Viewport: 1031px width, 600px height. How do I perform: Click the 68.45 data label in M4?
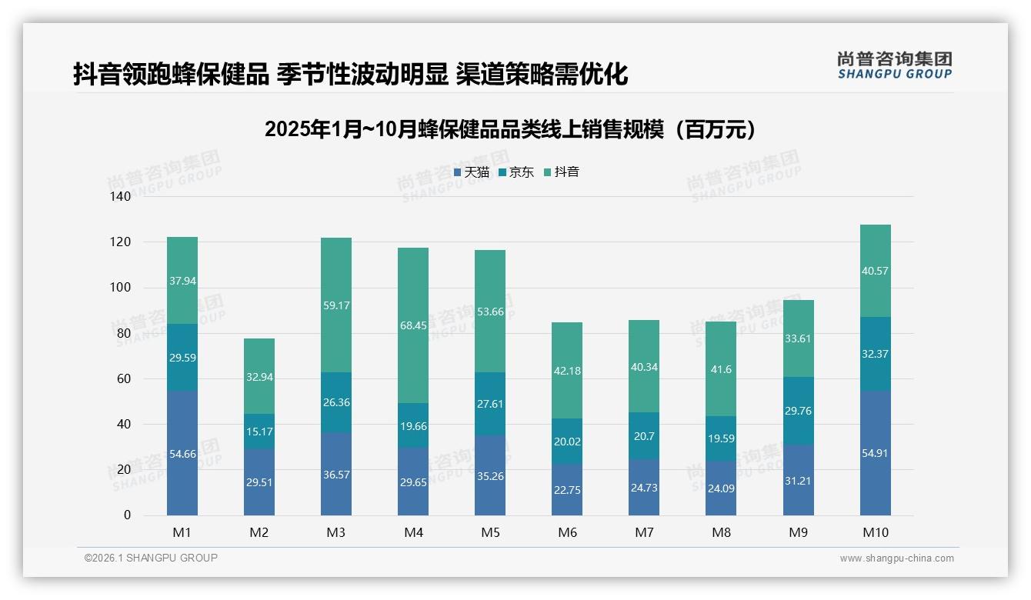413,326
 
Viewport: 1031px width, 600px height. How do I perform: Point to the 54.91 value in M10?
875,453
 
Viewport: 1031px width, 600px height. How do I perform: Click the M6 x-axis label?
567,532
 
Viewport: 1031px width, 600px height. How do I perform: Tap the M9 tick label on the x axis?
798,532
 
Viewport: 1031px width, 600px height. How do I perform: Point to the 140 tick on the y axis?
121,196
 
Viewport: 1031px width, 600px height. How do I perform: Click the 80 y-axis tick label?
124,333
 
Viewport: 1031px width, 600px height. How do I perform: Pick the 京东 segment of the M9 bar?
798,411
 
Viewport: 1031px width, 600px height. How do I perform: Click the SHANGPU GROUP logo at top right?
894,65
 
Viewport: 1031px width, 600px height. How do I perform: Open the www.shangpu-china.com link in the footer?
896,558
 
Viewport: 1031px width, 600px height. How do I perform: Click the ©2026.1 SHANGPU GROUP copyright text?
151,558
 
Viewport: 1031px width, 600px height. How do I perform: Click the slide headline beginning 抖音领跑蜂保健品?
351,74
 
